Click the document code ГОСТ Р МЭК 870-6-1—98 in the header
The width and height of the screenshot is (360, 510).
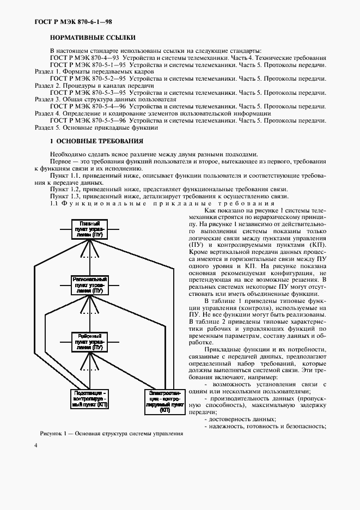point(74,22)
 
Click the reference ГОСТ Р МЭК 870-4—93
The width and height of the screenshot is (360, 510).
point(84,58)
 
